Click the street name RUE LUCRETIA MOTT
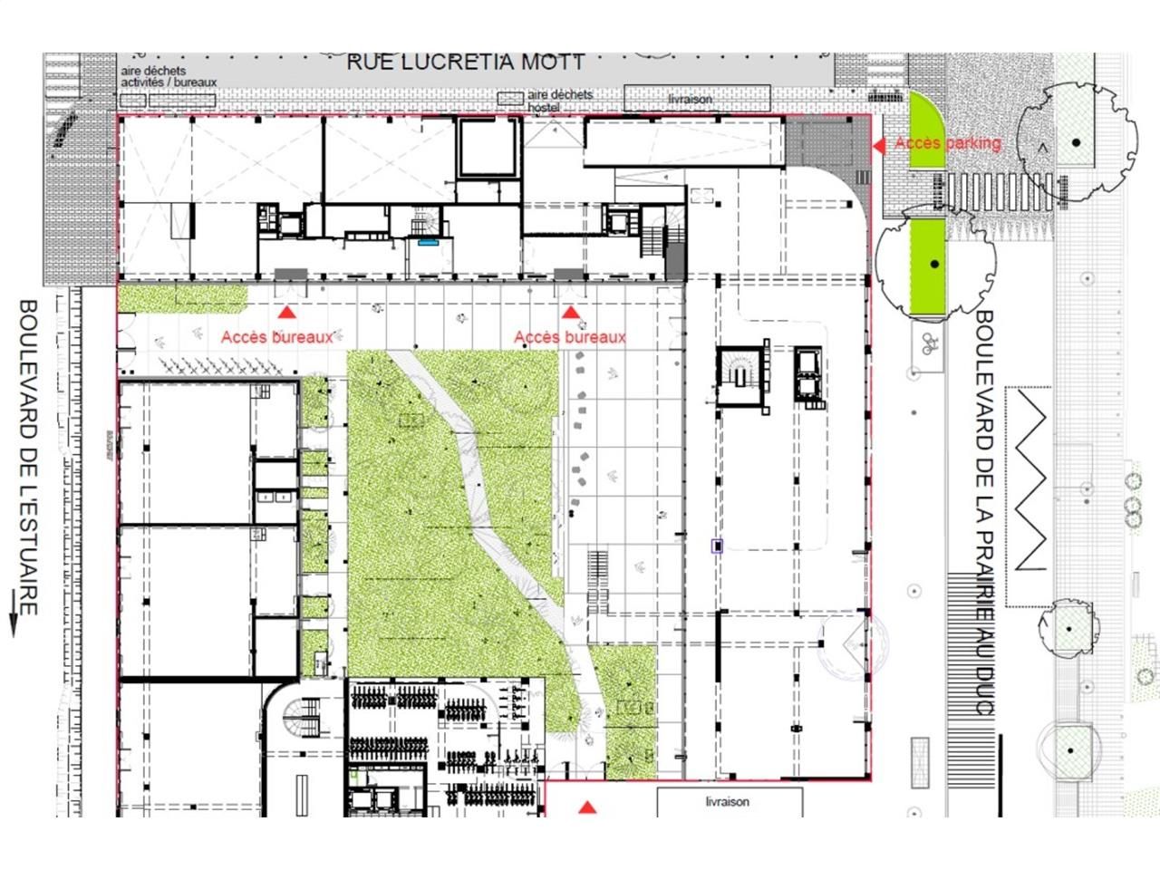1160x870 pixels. pos(466,63)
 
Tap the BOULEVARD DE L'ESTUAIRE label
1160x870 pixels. pos(28,458)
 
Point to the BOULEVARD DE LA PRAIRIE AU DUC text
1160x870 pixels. pos(984,512)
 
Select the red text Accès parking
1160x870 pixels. pos(947,143)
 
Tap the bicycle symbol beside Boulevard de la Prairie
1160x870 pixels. pos(927,343)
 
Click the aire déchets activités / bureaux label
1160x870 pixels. pos(169,77)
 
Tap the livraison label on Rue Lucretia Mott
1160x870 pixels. pos(691,99)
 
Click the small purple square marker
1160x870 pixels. pos(718,546)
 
